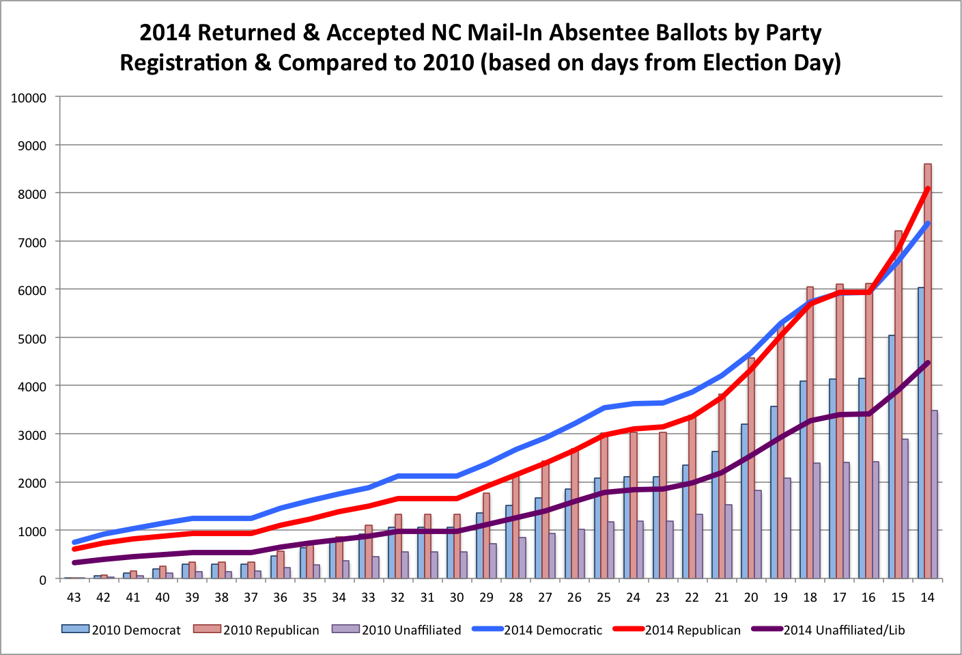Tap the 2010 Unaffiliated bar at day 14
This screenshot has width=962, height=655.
[935, 495]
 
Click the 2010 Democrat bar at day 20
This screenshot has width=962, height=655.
[744, 502]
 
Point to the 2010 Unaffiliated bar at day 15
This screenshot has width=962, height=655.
[905, 509]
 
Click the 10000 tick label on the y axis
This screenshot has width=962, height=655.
[29, 98]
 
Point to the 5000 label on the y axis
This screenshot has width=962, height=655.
[31, 339]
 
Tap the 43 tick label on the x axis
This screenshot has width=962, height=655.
[74, 598]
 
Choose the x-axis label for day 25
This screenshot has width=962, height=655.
[604, 598]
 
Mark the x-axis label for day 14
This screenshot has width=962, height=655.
[927, 598]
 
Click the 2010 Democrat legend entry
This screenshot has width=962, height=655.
[136, 630]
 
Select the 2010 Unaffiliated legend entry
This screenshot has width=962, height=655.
[411, 630]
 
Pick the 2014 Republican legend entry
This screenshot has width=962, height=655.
[692, 630]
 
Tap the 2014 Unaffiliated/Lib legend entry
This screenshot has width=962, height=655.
[844, 630]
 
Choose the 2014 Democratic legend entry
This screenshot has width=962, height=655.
[553, 630]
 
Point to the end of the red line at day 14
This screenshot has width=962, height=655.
[927, 189]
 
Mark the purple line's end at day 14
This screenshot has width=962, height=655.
[927, 363]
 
